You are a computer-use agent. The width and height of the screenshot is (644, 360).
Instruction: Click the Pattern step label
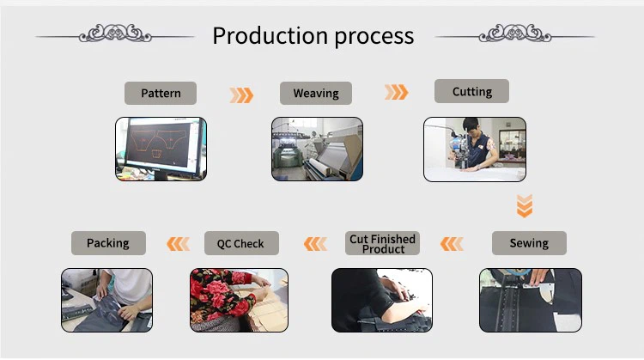point(161,93)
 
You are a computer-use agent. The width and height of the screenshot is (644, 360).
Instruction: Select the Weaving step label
point(316,93)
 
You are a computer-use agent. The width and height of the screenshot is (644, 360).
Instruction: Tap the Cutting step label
point(471,91)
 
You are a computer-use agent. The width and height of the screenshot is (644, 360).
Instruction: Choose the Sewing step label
point(529,243)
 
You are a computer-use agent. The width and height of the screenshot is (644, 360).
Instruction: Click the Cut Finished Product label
point(383,244)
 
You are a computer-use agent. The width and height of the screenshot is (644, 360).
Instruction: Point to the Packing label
point(108,243)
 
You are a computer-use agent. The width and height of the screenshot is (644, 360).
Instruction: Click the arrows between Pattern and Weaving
point(241,95)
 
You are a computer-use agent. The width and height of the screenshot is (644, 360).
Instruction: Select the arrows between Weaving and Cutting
point(396,92)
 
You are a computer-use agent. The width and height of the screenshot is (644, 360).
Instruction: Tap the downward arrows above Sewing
point(525,205)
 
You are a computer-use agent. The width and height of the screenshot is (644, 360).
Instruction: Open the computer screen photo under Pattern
point(161,149)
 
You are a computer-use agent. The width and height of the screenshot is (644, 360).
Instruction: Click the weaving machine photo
point(317,149)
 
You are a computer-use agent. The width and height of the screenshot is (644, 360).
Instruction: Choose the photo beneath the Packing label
point(107,300)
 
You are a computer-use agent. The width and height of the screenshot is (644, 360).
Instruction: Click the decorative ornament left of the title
point(115,35)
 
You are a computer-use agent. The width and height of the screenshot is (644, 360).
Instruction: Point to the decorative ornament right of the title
point(515,35)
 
